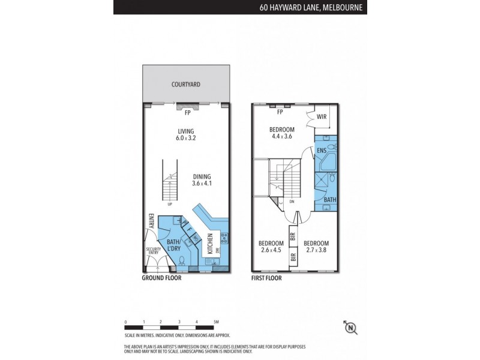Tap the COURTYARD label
coord(185,85)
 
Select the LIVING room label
coord(186,131)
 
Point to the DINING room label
coord(202,176)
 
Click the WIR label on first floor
coord(321,117)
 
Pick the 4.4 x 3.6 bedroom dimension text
coord(281,137)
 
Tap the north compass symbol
coord(350,327)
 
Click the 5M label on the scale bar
coord(215,323)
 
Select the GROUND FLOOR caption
coord(161,278)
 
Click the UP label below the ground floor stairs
coord(170,204)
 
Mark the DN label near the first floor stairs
coord(292,202)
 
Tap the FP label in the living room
coord(187,113)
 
